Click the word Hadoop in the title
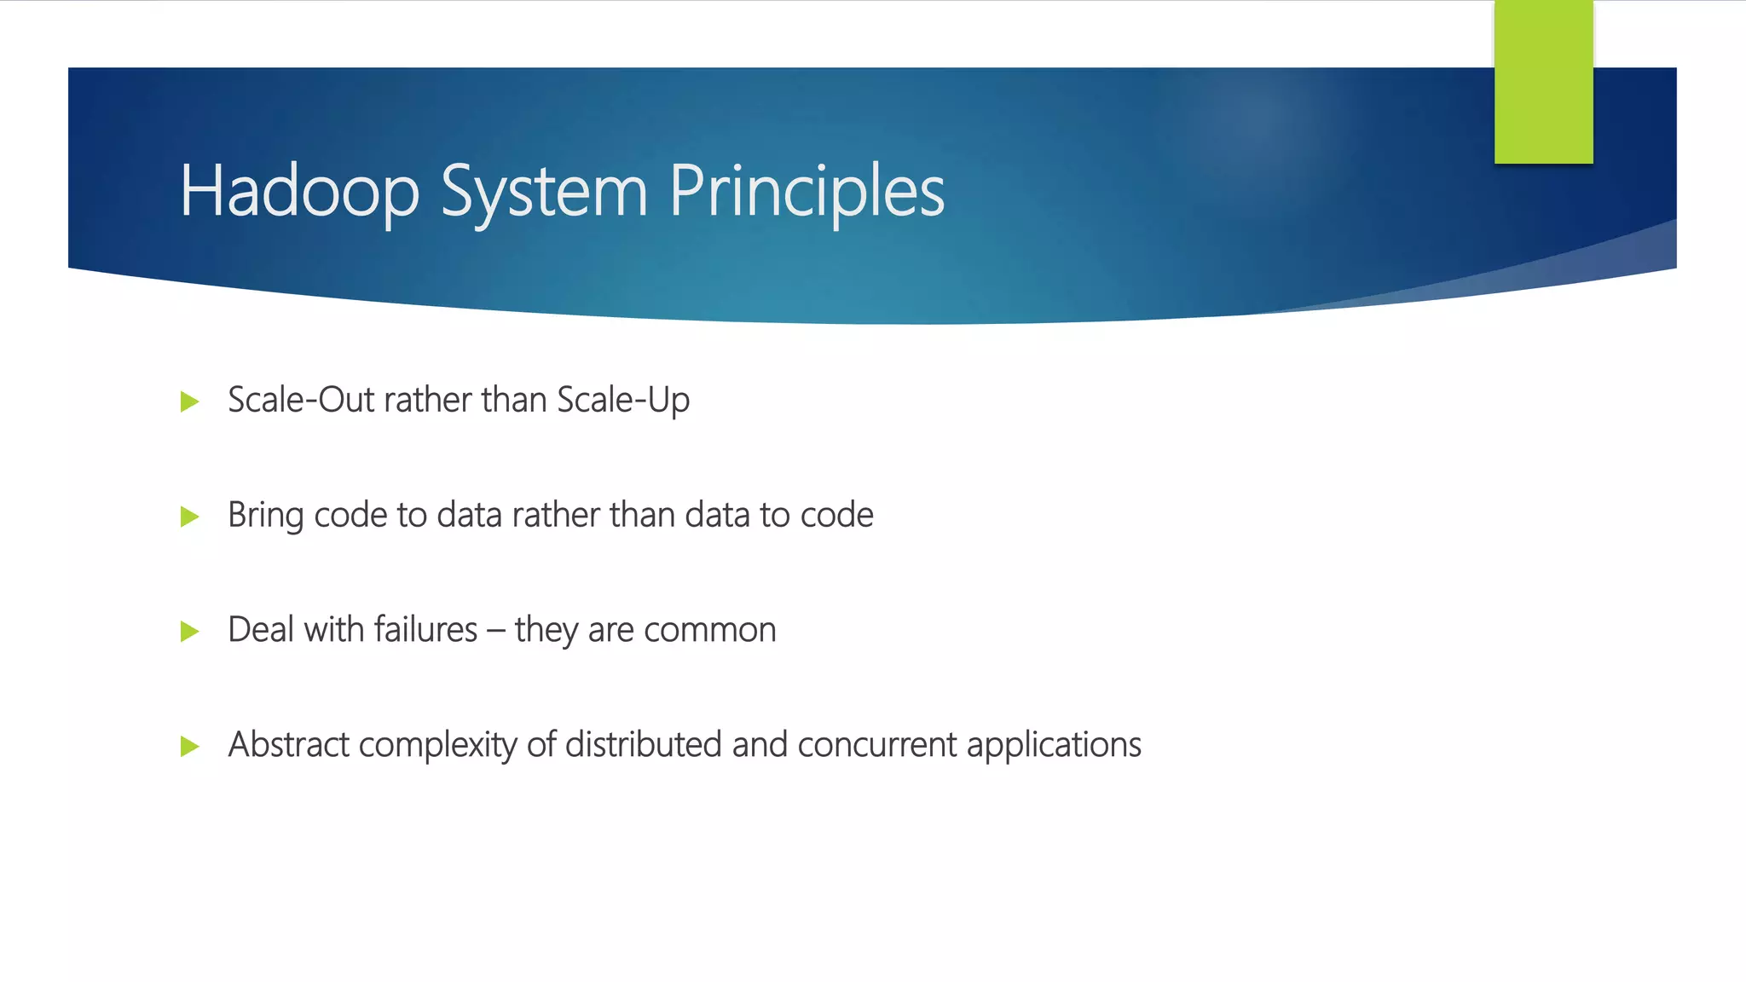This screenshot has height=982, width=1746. pos(298,192)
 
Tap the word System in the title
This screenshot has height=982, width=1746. pos(544,192)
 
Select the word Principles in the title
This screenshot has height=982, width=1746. pos(807,192)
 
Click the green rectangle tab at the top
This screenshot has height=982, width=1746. pos(1543,82)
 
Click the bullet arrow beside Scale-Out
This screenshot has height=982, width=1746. pos(189,401)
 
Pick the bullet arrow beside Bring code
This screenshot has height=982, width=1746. pos(189,517)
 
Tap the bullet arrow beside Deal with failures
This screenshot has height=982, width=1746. pos(189,632)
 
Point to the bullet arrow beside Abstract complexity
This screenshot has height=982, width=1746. pos(189,747)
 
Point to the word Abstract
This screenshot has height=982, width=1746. pos(288,745)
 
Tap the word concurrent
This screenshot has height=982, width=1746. pos(876,745)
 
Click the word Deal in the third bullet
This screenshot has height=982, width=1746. pos(261,630)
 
